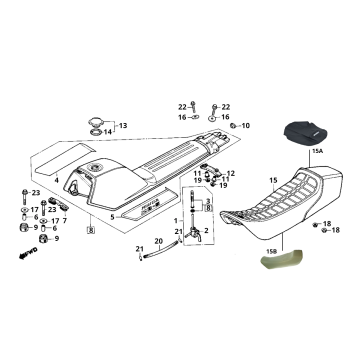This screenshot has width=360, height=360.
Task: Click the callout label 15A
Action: [x=319, y=149]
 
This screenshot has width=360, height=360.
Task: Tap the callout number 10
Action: [x=246, y=126]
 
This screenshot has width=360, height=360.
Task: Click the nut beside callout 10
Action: [x=231, y=126]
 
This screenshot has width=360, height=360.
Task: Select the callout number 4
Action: [x=57, y=180]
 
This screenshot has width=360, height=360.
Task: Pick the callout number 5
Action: [x=112, y=215]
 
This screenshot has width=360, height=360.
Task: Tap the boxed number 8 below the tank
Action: [x=91, y=231]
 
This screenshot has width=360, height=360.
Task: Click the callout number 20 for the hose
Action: [x=158, y=241]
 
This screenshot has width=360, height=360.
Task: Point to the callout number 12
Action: [x=231, y=174]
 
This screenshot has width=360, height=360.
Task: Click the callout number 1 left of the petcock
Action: [x=176, y=220]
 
